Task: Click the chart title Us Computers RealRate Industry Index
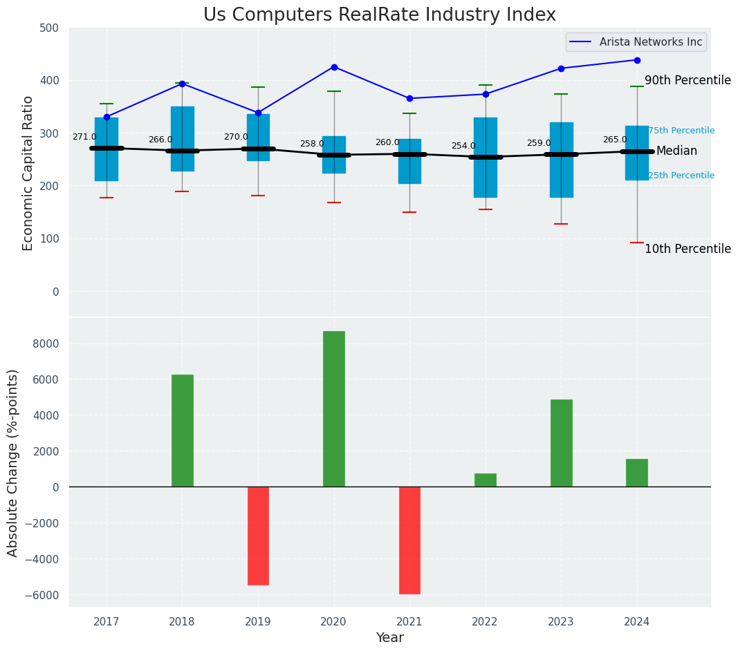click(x=379, y=15)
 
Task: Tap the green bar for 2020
click(x=334, y=408)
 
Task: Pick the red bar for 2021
click(x=409, y=540)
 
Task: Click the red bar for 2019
click(x=258, y=536)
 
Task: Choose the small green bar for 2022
click(x=486, y=480)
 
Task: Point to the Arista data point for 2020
click(x=334, y=67)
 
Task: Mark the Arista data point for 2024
click(x=637, y=60)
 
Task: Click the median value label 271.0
click(x=84, y=138)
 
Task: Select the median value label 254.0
click(x=463, y=147)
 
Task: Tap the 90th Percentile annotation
click(x=688, y=81)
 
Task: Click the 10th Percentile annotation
click(x=688, y=249)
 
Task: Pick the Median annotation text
click(x=676, y=151)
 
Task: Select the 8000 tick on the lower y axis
click(x=46, y=344)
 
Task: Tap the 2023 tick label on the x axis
click(x=561, y=622)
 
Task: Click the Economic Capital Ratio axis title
click(x=28, y=173)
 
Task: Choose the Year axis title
click(x=390, y=638)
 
